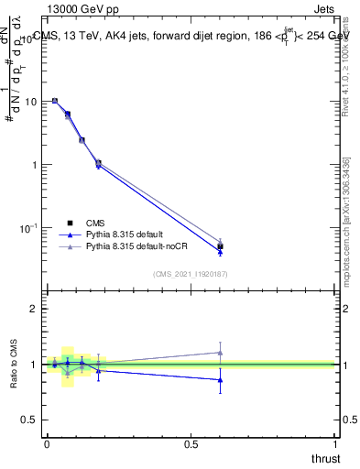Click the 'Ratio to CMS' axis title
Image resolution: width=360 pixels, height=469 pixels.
pos(16,363)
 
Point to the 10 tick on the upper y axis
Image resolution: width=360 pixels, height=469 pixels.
pos(29,102)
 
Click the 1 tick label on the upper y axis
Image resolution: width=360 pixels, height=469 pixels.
pos(33,165)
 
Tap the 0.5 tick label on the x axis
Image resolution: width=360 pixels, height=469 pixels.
pos(191,444)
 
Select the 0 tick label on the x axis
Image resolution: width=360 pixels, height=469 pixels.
pos(47,444)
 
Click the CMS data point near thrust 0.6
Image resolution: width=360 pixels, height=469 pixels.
pos(220,246)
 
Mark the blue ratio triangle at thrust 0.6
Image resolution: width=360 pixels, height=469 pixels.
pos(220,379)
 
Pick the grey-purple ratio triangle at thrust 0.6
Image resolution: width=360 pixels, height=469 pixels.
pos(220,352)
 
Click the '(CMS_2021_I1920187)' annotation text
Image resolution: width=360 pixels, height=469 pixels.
pos(191,273)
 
